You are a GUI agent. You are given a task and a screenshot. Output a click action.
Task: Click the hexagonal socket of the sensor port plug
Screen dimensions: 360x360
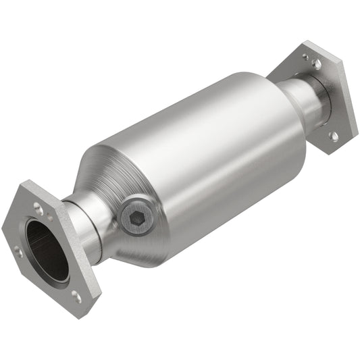tap(135, 218)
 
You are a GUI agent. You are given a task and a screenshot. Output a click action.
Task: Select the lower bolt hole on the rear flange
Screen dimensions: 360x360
tap(334, 136)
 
